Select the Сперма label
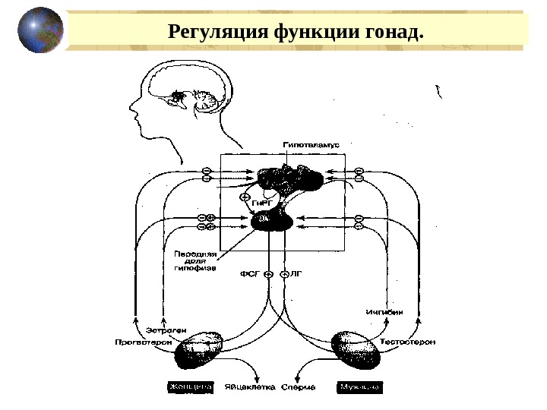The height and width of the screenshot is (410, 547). point(298,387)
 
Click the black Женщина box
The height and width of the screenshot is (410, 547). point(189,387)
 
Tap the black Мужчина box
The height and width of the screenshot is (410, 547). point(360,387)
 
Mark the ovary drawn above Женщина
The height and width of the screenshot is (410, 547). point(198,348)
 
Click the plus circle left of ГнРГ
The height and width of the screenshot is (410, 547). point(245,197)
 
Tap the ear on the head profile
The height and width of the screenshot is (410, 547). point(179,97)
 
